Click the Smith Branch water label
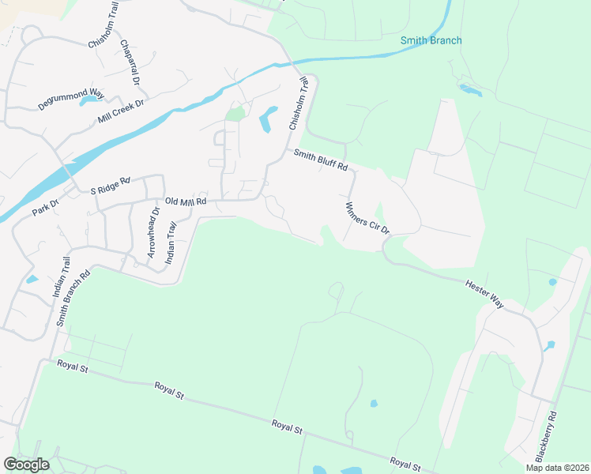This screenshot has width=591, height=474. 431,40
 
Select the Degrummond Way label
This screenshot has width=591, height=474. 71,100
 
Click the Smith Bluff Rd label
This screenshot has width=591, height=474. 321,160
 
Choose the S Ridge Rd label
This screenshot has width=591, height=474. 110,186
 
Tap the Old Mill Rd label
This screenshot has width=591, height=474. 185,201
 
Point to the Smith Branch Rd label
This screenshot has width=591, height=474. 73,299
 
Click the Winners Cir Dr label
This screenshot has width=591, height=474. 367,218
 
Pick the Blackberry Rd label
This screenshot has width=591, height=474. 547,436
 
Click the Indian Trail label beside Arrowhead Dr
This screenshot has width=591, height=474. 170,242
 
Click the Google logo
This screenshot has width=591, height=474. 26,465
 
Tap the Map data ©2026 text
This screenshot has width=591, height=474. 556,468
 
